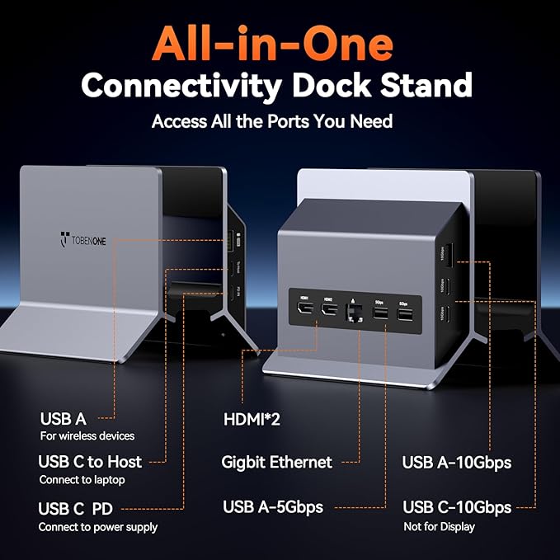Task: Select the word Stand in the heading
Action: pyautogui.click(x=430, y=85)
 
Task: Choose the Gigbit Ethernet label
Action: pyautogui.click(x=276, y=462)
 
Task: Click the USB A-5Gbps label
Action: pyautogui.click(x=272, y=506)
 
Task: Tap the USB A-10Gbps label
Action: pyautogui.click(x=456, y=462)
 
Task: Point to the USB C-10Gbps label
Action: pyautogui.click(x=456, y=506)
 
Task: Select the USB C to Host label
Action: pyautogui.click(x=90, y=461)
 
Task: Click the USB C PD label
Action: pyautogui.click(x=75, y=509)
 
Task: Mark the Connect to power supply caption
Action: pyautogui.click(x=97, y=527)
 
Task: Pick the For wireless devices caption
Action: pyautogui.click(x=87, y=436)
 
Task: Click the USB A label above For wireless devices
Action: pyautogui.click(x=63, y=419)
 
